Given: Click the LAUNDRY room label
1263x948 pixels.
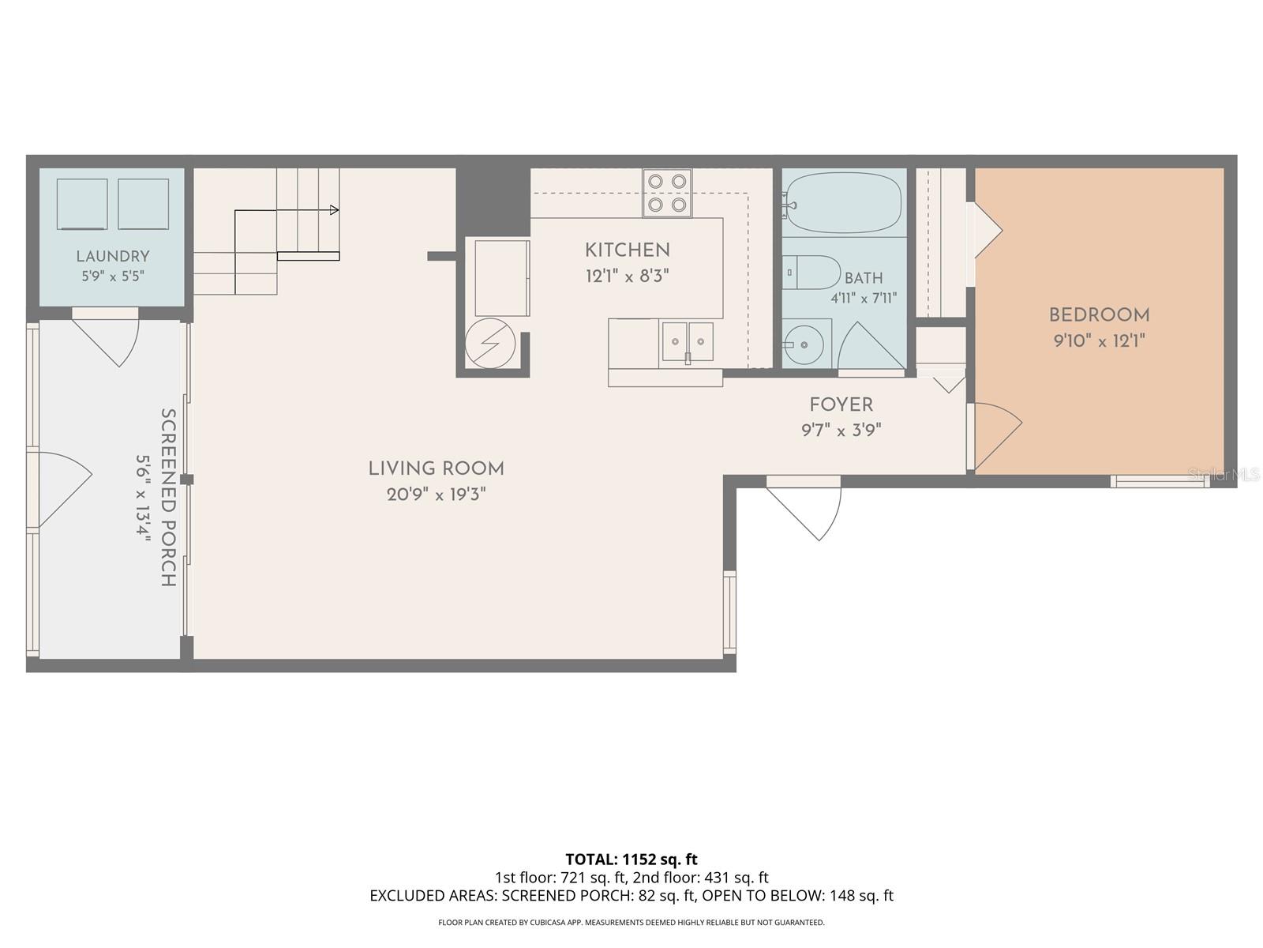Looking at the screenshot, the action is (113, 256).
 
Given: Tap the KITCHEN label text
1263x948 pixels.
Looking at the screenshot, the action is (628, 250).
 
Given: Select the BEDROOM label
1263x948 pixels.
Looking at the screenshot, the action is (1099, 315).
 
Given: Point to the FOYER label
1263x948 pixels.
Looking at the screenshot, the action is (841, 404).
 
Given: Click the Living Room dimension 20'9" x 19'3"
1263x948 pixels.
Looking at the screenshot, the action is (437, 495).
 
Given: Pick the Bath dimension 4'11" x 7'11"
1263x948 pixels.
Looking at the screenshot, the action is (864, 298).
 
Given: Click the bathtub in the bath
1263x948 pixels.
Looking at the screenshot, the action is (844, 202).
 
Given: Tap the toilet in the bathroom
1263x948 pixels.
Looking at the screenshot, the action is (812, 273).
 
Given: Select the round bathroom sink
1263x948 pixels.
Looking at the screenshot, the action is (804, 344).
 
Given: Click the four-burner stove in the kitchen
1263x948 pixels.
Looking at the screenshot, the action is (668, 193).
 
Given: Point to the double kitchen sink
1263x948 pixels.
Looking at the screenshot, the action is (687, 341).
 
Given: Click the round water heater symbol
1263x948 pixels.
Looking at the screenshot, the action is (490, 344).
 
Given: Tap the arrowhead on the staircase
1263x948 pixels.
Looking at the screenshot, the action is (335, 210).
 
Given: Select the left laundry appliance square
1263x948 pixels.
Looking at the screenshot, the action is (82, 204).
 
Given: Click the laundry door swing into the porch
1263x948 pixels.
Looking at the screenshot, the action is (107, 340).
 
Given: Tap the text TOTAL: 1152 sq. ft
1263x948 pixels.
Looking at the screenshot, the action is (631, 860).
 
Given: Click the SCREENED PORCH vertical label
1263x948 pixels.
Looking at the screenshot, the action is (167, 498).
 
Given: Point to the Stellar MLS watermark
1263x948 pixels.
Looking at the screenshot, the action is (1224, 475).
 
